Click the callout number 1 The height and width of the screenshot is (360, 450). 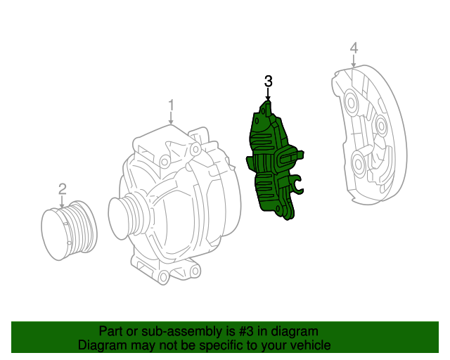coord(171,105)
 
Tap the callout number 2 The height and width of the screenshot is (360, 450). coord(63,189)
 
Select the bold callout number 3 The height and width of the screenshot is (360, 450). coord(268,82)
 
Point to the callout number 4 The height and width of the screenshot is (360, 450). coord(354,48)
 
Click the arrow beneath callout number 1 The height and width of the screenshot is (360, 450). coord(171,118)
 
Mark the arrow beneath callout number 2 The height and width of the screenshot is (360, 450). coord(62,202)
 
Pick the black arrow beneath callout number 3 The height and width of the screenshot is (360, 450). coord(268,94)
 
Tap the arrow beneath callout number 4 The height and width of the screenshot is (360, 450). coord(354,61)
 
